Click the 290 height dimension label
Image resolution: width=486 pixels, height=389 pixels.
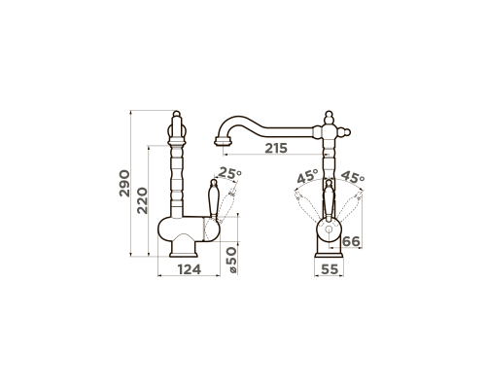click(x=124, y=184)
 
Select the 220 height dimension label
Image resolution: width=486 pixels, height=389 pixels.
click(x=142, y=201)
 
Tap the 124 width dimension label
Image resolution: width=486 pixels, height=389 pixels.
click(x=190, y=269)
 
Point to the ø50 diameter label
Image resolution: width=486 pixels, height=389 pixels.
click(x=231, y=260)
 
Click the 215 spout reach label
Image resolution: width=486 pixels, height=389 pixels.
click(x=276, y=149)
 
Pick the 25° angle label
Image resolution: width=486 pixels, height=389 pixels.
click(x=229, y=173)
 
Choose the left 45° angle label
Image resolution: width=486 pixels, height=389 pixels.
click(x=308, y=177)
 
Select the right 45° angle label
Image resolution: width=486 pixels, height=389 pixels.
click(x=353, y=177)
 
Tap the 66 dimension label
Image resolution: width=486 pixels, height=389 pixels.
click(x=351, y=242)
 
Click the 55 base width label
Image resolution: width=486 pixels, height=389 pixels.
click(x=330, y=269)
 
